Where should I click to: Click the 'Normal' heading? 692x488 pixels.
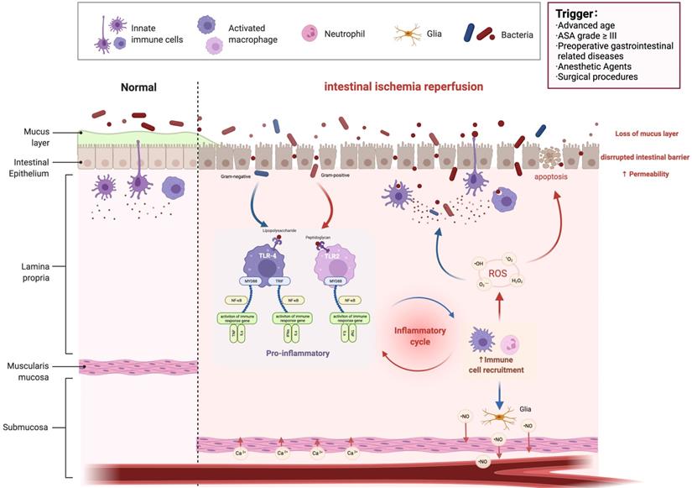(138, 87)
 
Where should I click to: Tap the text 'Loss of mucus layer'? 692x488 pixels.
(645, 134)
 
